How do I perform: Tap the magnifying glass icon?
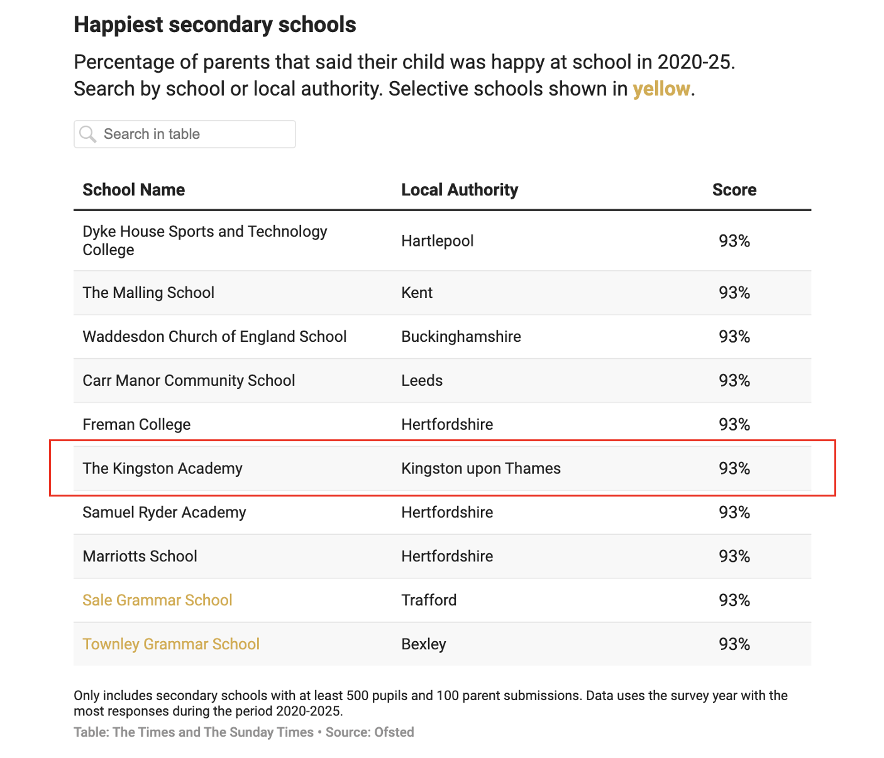(88, 134)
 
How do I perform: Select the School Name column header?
(133, 190)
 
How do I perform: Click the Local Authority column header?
(460, 190)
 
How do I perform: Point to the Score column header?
(734, 190)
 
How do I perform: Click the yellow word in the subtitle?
(661, 89)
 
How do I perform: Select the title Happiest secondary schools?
(215, 25)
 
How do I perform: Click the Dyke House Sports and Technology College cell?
(204, 241)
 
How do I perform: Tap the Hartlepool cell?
(438, 241)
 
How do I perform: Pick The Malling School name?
(148, 292)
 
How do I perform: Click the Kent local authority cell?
(417, 292)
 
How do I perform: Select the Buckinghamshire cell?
(461, 336)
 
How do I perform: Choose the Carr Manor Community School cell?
(189, 380)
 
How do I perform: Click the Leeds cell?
(422, 380)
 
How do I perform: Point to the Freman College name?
(136, 424)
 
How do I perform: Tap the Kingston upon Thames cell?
(481, 468)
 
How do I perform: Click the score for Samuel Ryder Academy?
(734, 512)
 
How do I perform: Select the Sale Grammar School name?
(157, 600)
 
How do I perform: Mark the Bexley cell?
(424, 644)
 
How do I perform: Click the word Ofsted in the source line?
(394, 732)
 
